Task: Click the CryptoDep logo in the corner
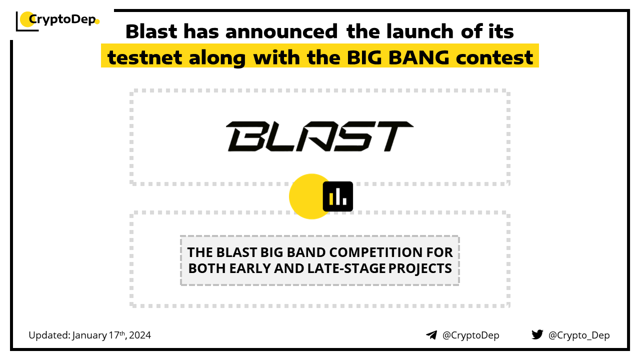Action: point(57,21)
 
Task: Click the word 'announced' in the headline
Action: point(281,31)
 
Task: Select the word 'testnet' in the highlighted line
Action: point(144,57)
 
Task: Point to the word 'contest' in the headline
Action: point(494,57)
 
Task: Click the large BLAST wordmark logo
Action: point(319,136)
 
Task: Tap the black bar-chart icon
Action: point(337,196)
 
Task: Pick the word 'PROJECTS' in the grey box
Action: point(420,268)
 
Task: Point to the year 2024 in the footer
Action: point(139,335)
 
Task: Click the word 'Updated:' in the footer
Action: point(49,335)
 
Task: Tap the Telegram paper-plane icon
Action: point(431,335)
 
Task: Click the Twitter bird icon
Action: point(537,334)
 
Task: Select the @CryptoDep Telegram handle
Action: point(470,335)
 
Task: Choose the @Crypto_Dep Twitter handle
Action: point(579,335)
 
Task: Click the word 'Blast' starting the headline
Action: point(151,31)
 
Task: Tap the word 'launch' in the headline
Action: point(420,31)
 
